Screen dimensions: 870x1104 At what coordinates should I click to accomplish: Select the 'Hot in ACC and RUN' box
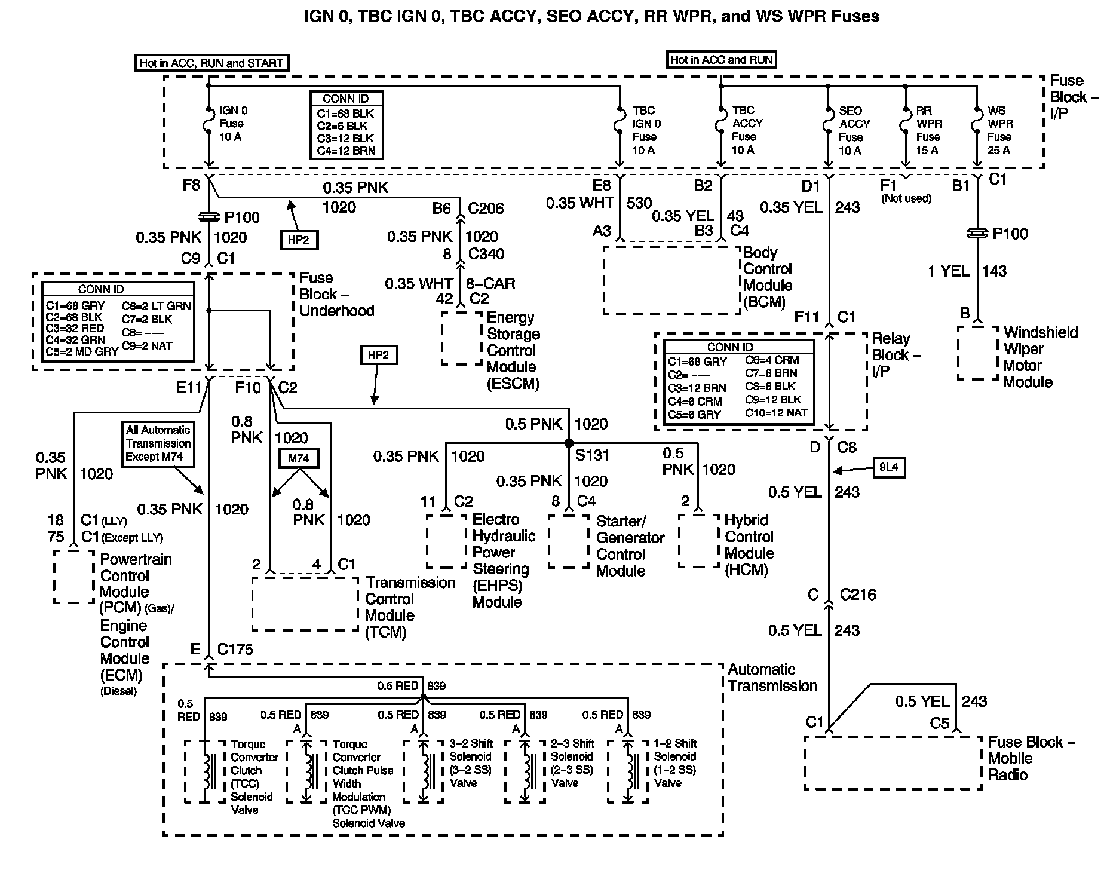click(721, 60)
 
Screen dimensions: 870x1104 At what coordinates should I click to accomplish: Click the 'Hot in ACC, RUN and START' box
click(211, 63)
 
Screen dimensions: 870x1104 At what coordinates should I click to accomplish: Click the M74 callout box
click(299, 458)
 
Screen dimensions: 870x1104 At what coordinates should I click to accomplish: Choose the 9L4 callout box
click(888, 467)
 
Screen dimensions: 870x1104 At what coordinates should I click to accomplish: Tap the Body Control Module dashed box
click(671, 280)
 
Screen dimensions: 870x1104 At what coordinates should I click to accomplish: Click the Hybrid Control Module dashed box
click(698, 541)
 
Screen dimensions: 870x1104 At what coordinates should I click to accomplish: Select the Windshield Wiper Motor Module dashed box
click(977, 353)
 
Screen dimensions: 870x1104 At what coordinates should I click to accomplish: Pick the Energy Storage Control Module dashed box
click(461, 338)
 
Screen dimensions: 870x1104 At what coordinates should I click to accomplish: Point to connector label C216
click(858, 595)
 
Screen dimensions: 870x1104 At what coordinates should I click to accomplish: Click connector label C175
click(235, 649)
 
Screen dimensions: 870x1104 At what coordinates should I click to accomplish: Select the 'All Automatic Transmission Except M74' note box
click(158, 444)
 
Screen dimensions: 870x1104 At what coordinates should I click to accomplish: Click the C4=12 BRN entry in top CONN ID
click(346, 151)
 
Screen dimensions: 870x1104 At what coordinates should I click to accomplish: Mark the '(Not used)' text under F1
click(906, 198)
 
